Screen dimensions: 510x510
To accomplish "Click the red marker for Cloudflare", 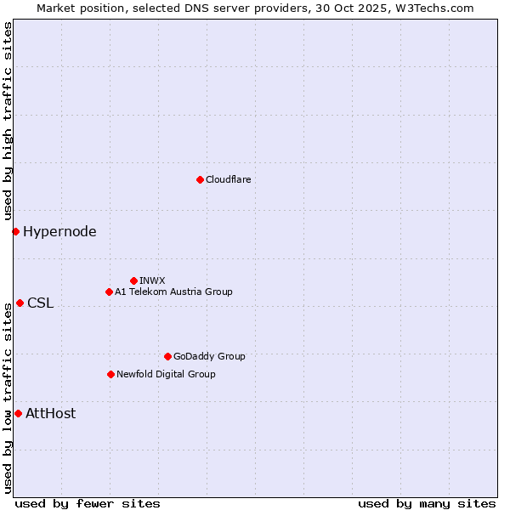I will tap(200, 179).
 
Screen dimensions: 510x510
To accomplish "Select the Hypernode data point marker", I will tap(15, 231).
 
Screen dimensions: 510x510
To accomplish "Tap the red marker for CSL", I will tap(20, 303).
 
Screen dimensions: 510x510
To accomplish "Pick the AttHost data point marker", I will tap(18, 413).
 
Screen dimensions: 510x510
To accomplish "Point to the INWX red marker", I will tap(133, 280).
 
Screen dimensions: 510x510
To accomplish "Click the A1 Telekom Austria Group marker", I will tap(109, 292).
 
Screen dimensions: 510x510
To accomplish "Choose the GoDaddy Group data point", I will tap(167, 356).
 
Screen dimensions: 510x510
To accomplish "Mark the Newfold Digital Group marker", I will tap(110, 374).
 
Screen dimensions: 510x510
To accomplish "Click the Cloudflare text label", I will tap(228, 179).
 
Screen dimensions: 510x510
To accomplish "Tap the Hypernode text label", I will tap(59, 231).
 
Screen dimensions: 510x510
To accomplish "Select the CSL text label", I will tap(40, 303).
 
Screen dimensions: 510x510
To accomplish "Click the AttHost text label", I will tap(50, 413).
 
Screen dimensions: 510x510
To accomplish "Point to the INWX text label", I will tap(152, 280).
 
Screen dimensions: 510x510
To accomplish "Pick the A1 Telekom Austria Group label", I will tap(173, 292).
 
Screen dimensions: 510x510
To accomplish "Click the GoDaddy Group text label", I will tap(209, 356).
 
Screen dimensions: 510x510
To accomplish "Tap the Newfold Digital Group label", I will tap(166, 374).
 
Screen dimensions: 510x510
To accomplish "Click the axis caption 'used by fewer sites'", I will tap(88, 503).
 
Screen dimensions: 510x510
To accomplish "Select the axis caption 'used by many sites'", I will tap(427, 503).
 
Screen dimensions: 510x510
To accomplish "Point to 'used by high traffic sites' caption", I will tap(8, 121).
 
